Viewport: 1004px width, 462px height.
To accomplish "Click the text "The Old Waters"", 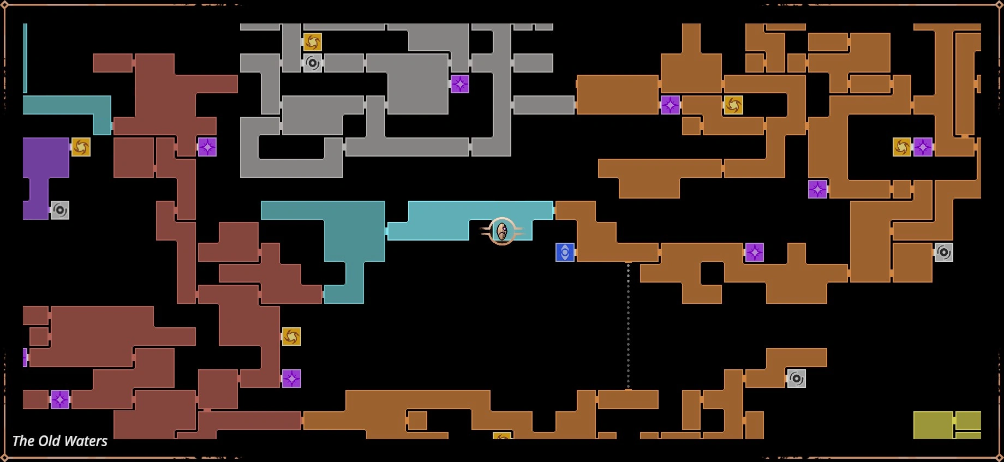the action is (x=59, y=441).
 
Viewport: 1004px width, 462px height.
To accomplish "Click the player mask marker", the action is (x=502, y=231).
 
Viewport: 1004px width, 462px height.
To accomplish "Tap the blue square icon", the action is (x=565, y=253).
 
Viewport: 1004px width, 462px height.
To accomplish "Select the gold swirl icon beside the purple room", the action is (x=81, y=147).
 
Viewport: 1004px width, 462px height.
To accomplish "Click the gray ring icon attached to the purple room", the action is (x=59, y=210).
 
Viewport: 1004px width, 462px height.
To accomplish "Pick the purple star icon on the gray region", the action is (x=460, y=84).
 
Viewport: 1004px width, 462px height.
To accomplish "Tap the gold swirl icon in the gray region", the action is (x=313, y=42).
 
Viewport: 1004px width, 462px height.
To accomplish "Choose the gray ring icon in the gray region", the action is (x=313, y=63).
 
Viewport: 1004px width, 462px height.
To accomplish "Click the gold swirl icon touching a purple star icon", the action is (x=902, y=147).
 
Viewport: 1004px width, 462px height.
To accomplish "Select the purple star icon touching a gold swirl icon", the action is (x=923, y=147).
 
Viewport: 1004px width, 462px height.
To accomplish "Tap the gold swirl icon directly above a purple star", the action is (x=291, y=337).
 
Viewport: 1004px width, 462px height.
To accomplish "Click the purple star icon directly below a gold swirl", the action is (x=291, y=379).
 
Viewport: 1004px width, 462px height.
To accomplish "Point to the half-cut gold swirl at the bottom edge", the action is (x=502, y=436).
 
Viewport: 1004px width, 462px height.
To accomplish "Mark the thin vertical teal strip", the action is (x=25, y=58).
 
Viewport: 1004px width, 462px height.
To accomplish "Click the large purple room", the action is (x=46, y=158).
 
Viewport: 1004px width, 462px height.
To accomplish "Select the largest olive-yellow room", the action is (x=933, y=425).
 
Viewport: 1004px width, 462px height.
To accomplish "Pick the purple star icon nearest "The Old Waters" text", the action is (x=59, y=399).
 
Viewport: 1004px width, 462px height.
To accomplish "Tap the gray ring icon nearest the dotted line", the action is (x=796, y=379).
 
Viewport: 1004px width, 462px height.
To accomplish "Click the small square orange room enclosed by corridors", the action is (x=417, y=421).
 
